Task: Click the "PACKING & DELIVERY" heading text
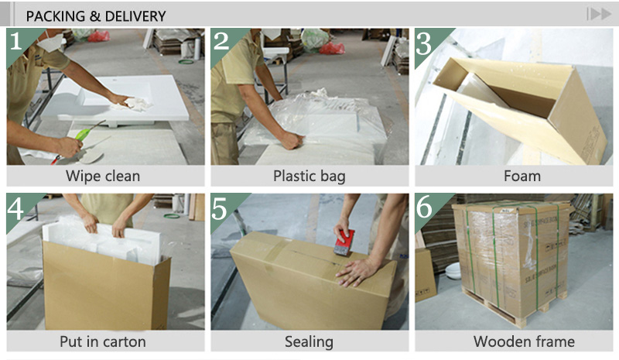[x=96, y=15]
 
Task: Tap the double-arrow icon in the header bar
[x=598, y=14]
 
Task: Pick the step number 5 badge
[x=222, y=208]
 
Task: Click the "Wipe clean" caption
[x=103, y=176]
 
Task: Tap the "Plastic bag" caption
[x=309, y=176]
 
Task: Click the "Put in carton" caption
[x=103, y=341]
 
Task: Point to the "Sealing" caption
[x=309, y=341]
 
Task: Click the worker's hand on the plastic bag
[x=291, y=140]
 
